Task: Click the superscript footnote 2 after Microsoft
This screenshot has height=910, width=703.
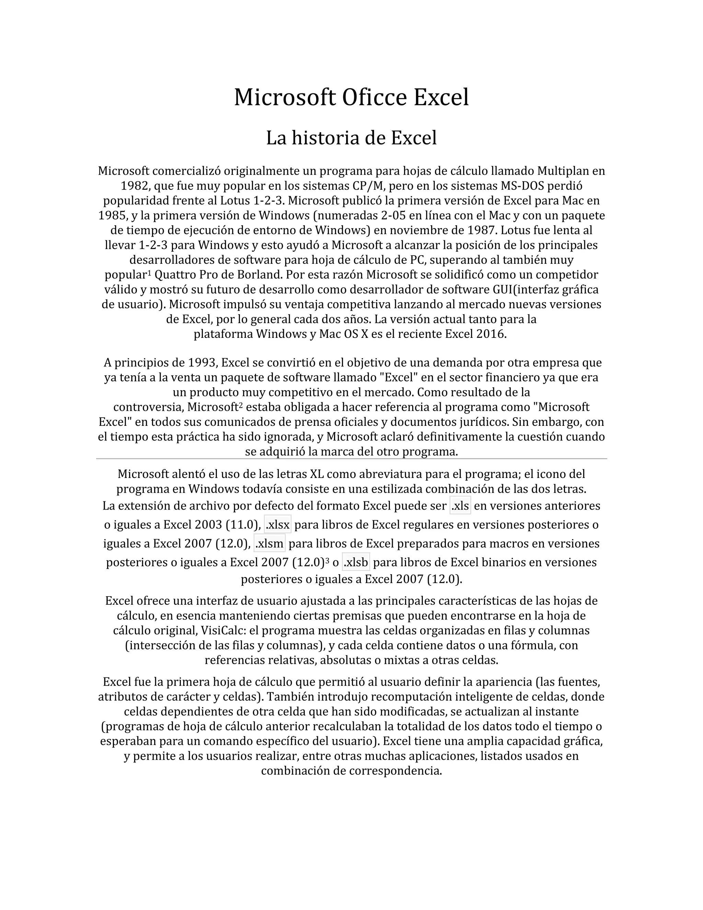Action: [241, 405]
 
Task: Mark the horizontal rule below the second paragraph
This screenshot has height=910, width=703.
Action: [351, 459]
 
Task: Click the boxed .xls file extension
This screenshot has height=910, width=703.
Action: [460, 506]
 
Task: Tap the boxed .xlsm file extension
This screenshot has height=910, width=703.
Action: [269, 543]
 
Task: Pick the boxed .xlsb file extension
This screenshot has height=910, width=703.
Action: [356, 562]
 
